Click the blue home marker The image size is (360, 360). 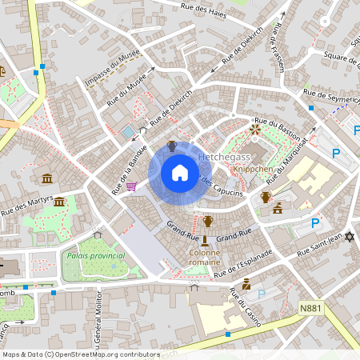[180, 172]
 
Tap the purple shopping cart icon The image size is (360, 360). [130, 186]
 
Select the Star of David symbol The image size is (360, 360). [349, 237]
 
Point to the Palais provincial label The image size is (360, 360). [96, 255]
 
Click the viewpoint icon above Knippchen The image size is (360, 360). [255, 128]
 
